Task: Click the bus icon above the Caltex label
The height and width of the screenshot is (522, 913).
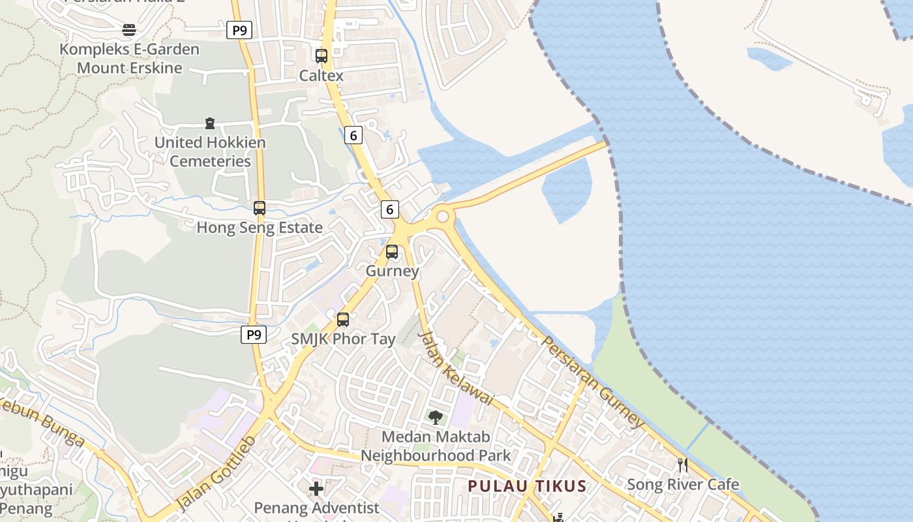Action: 322,56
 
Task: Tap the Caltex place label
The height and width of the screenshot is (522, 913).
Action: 321,76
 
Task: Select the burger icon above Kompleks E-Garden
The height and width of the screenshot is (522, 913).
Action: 129,30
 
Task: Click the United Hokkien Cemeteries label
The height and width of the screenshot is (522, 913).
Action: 210,151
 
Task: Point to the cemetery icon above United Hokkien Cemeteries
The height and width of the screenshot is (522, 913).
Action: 210,123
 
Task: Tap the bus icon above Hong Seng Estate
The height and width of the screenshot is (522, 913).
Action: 260,208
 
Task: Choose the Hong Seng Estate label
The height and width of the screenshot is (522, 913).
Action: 260,228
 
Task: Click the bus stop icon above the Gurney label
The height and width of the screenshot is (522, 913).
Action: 392,251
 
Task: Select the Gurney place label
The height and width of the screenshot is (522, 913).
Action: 392,271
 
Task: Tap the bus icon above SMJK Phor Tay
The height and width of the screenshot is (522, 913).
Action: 343,320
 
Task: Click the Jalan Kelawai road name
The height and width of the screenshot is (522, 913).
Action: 455,368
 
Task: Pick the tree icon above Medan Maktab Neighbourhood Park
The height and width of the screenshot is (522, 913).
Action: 436,417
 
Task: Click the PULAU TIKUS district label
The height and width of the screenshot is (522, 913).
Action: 528,486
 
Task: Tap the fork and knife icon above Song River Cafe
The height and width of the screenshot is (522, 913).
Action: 683,465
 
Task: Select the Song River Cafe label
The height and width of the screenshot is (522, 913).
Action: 683,485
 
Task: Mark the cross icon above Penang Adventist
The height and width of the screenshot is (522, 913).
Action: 316,488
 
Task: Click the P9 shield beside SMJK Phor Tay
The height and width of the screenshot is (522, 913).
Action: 254,335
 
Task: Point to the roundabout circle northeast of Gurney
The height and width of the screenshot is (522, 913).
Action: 443,215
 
